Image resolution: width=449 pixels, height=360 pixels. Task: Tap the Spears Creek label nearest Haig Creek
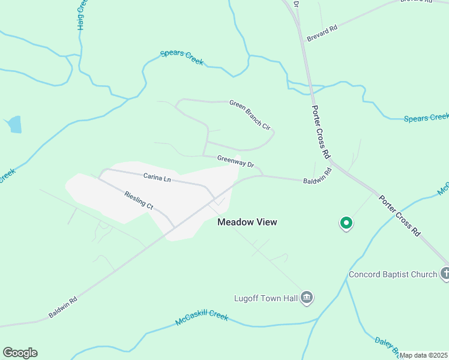(182, 58)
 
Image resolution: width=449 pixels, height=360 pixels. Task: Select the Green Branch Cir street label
(250, 113)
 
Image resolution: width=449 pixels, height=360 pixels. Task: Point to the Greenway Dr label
(236, 161)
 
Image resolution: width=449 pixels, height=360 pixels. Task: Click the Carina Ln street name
(157, 178)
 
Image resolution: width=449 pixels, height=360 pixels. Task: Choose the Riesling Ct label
(139, 200)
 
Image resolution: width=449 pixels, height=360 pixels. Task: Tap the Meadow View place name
(247, 222)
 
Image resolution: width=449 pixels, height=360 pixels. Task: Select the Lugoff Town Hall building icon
(307, 298)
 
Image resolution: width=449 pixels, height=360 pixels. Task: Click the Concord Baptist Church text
(393, 275)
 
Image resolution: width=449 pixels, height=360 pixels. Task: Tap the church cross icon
(445, 274)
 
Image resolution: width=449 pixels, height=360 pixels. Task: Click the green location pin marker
(346, 223)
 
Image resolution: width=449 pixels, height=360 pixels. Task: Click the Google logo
(20, 353)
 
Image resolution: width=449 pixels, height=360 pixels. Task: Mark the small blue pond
(14, 125)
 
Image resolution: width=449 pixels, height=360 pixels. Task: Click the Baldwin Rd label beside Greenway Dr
(318, 176)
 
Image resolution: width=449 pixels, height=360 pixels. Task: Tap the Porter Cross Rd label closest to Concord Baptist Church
(400, 214)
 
